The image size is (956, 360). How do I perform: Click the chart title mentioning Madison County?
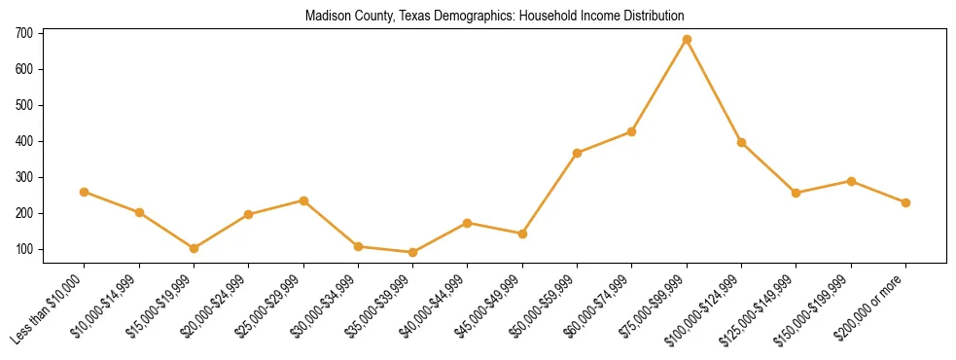click(x=494, y=17)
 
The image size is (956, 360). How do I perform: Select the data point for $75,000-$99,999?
click(x=687, y=39)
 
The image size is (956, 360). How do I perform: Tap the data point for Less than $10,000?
click(x=85, y=192)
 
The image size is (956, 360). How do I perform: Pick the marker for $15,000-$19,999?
click(x=194, y=248)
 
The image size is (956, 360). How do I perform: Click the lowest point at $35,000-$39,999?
click(x=412, y=252)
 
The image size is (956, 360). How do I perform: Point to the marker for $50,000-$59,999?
click(x=577, y=153)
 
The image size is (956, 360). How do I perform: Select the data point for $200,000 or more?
click(x=905, y=202)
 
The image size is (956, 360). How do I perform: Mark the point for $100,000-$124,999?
click(x=741, y=142)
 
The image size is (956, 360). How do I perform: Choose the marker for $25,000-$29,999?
click(x=303, y=200)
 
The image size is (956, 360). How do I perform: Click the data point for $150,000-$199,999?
click(x=851, y=181)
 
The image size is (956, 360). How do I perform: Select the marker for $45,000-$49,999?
click(x=522, y=234)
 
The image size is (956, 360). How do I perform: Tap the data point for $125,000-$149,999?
click(x=796, y=193)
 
